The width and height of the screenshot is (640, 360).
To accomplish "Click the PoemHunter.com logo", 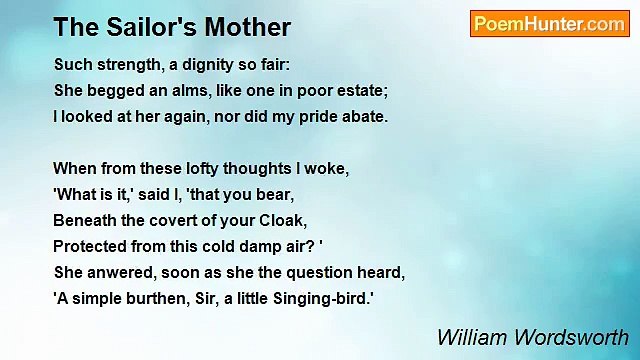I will tap(549, 24).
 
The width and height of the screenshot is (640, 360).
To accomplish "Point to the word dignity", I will tap(206, 65).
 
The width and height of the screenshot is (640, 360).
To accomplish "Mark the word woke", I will tap(326, 168).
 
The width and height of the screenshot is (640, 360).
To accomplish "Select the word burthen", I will tap(144, 297).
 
